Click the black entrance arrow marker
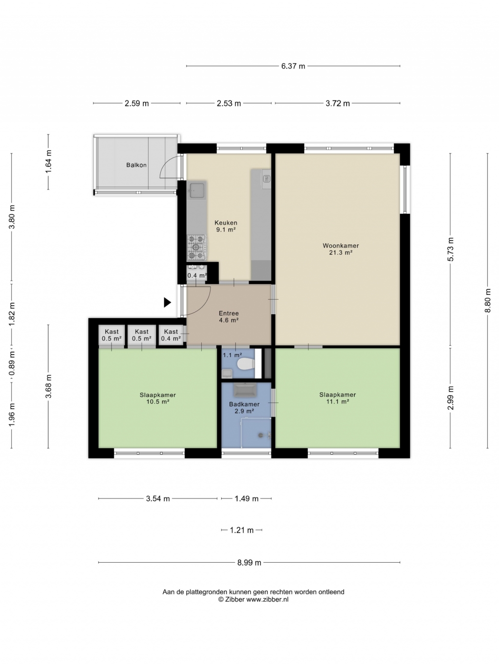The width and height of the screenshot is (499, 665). pyautogui.click(x=168, y=302)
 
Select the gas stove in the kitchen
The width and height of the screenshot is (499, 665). pyautogui.click(x=197, y=247)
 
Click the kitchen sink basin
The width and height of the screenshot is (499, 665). pyautogui.click(x=197, y=190)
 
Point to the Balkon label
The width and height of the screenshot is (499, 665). pyautogui.click(x=136, y=165)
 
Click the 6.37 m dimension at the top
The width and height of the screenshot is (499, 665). pyautogui.click(x=293, y=66)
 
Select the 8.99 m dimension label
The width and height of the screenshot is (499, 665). pyautogui.click(x=249, y=563)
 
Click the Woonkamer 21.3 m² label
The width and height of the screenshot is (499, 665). pyautogui.click(x=341, y=249)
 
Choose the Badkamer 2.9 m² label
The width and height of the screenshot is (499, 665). pyautogui.click(x=244, y=407)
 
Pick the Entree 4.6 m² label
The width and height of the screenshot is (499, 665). pyautogui.click(x=229, y=317)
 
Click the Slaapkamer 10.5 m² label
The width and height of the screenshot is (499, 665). pyautogui.click(x=157, y=399)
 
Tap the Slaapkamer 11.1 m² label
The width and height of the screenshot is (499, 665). pyautogui.click(x=338, y=398)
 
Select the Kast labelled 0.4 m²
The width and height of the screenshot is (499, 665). pyautogui.click(x=171, y=335)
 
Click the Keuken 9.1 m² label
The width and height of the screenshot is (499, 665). pyautogui.click(x=226, y=226)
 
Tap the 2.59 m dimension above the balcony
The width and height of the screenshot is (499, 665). pyautogui.click(x=136, y=103)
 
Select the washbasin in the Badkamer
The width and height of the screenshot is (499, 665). pyautogui.click(x=245, y=390)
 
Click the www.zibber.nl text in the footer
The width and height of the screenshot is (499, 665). pyautogui.click(x=267, y=599)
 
